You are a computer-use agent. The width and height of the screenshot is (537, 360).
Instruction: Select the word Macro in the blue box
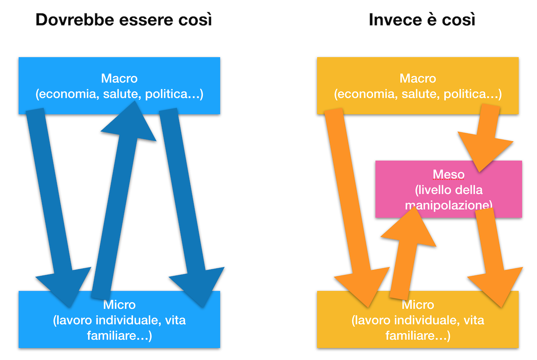[119, 79]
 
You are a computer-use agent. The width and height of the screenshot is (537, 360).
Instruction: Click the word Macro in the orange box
[418, 79]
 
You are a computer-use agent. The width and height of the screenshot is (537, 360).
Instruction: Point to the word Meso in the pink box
[448, 174]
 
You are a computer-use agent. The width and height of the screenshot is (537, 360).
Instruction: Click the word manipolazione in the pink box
[448, 205]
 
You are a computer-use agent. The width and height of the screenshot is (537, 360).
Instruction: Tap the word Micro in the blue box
[119, 305]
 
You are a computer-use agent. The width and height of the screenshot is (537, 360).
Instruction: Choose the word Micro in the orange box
[418, 305]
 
